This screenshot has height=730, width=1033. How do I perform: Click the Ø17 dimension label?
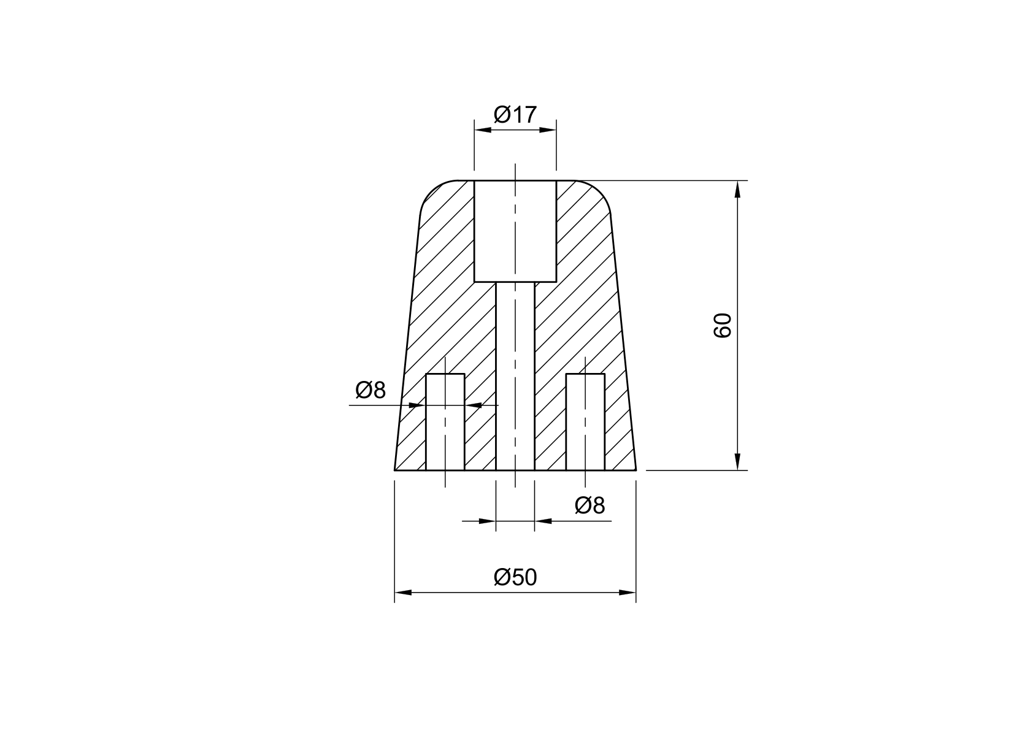515,114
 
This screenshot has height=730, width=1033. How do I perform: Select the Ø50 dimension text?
515,577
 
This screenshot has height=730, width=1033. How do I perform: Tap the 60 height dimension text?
723,325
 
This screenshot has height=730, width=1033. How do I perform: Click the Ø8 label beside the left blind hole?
371,390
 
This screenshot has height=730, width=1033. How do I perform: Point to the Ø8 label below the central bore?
590,506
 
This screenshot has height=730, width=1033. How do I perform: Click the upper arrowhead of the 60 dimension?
737,189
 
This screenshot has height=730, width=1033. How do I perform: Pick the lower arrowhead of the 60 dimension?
737,461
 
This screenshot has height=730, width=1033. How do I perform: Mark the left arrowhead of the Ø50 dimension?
403,593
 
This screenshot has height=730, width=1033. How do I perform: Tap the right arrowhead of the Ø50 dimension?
627,593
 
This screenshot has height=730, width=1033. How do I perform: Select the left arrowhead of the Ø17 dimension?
483,130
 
